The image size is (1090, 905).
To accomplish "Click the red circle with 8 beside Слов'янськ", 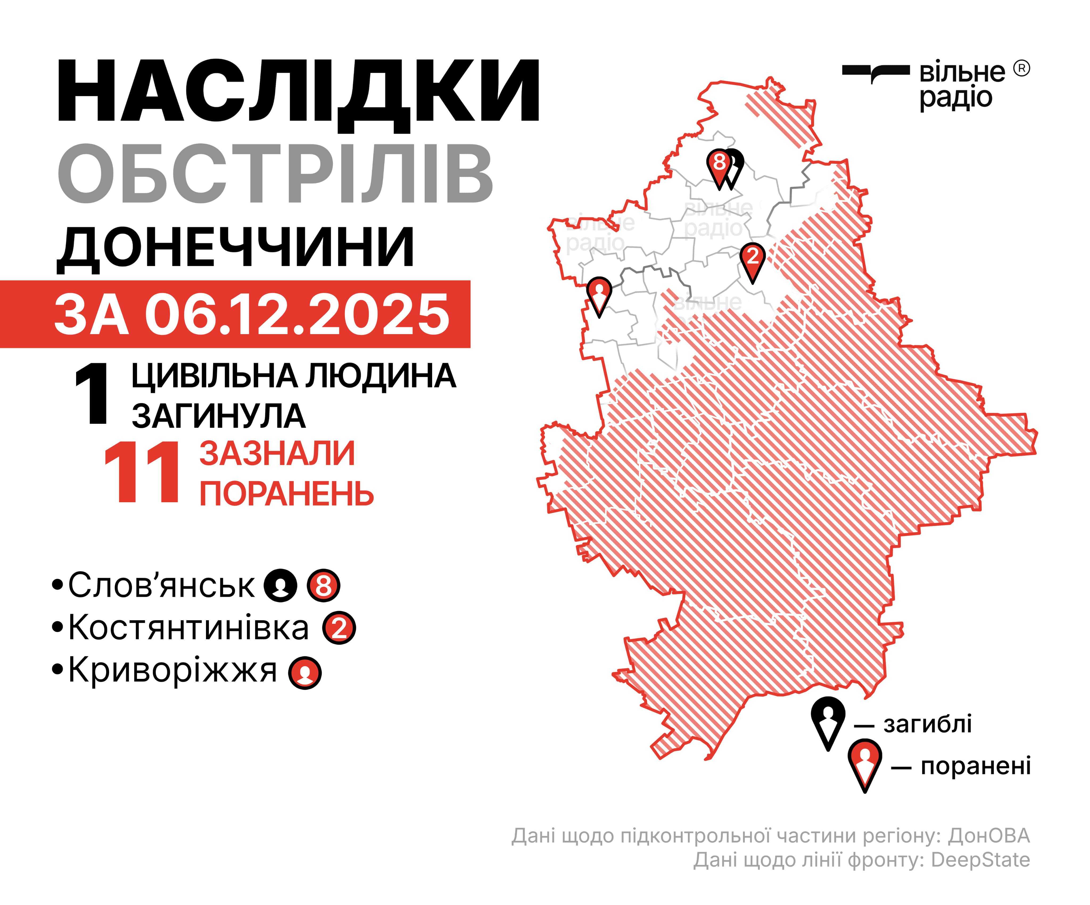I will pos(323,586).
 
